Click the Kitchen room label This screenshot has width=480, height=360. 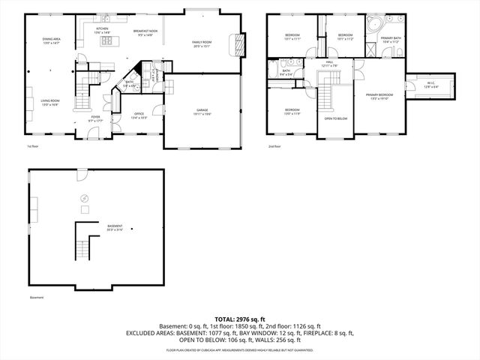click(x=102, y=31)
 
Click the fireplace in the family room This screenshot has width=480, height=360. click(x=239, y=44)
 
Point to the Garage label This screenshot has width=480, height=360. click(x=202, y=111)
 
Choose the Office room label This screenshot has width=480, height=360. click(x=139, y=115)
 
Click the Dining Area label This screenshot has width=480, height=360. click(x=52, y=40)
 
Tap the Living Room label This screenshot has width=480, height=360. click(x=50, y=102)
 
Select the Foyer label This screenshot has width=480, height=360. click(x=96, y=118)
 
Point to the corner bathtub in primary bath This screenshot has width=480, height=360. click(x=373, y=24)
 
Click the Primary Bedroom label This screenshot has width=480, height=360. click(x=379, y=96)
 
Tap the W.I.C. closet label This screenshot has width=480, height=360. click(x=430, y=85)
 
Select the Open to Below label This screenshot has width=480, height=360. click(x=335, y=118)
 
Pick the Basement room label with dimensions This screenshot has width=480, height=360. click(x=115, y=226)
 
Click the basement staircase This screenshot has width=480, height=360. click(x=89, y=245)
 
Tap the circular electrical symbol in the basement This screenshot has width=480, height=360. click(x=83, y=199)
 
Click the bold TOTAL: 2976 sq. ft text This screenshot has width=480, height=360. click(x=239, y=319)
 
